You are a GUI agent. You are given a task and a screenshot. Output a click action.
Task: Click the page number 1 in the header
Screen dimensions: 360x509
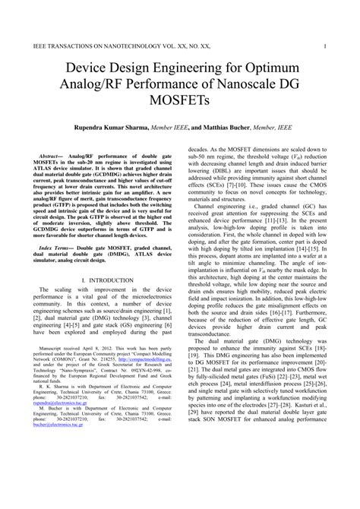click(x=324, y=45)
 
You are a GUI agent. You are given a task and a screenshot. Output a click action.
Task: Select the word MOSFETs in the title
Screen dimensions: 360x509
click(x=180, y=100)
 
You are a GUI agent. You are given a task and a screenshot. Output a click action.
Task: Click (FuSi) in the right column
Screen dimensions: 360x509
click(x=272, y=417)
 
